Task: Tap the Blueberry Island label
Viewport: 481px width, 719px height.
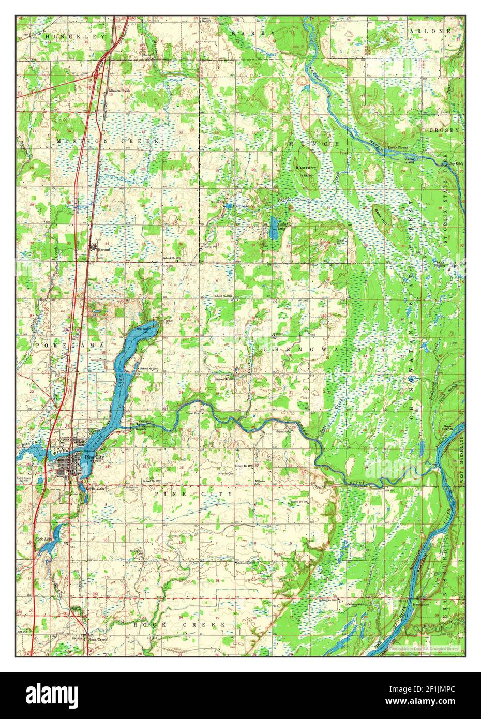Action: [x=305, y=171]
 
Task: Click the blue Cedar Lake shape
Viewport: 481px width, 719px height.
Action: [x=274, y=228]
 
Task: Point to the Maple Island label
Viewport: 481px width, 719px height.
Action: [x=410, y=160]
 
